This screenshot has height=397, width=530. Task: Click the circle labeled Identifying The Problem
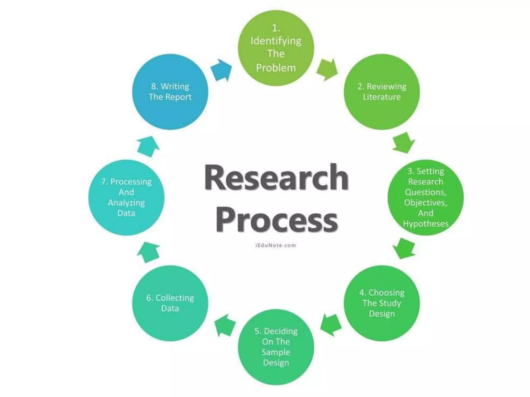pyautogui.click(x=276, y=48)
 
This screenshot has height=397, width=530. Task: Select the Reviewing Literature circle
pyautogui.click(x=382, y=92)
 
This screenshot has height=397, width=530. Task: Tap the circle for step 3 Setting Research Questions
pyautogui.click(x=425, y=197)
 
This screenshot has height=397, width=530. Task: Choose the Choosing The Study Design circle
pyautogui.click(x=382, y=303)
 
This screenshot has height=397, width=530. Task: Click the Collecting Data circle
pyautogui.click(x=170, y=303)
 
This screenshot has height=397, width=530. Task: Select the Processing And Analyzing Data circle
pyautogui.click(x=126, y=197)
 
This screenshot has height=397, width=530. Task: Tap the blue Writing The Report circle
pyautogui.click(x=170, y=92)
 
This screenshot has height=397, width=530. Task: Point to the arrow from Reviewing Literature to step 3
pyautogui.click(x=404, y=143)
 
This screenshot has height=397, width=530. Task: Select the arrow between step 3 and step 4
pyautogui.click(x=404, y=248)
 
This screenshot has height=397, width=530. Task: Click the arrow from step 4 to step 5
pyautogui.click(x=330, y=325)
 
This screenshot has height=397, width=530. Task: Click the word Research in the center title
pyautogui.click(x=276, y=178)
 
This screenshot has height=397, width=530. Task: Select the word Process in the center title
pyautogui.click(x=276, y=220)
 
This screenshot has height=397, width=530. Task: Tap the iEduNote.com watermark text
pyautogui.click(x=276, y=245)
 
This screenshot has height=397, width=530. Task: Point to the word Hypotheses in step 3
pyautogui.click(x=425, y=224)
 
